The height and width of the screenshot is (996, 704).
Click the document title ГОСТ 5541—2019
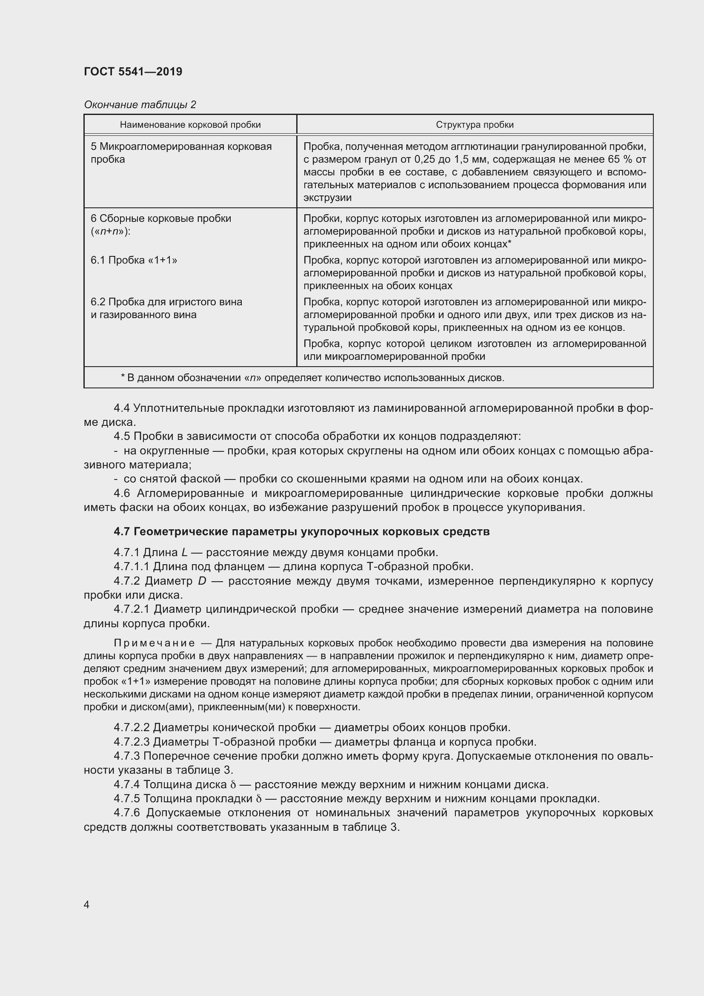133,72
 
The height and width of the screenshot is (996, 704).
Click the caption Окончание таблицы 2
140,105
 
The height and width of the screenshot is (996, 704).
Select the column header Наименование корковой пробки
190,125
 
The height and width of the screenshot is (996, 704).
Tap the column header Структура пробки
475,125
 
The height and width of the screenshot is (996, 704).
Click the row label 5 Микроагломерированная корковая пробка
181,153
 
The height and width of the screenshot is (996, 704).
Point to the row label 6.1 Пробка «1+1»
134,260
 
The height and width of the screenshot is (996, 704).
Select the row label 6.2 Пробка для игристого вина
166,302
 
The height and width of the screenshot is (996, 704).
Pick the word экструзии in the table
327,198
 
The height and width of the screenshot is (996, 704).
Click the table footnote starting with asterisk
312,378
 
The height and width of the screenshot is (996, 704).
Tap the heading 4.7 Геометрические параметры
301,532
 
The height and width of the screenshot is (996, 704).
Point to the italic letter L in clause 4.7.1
184,553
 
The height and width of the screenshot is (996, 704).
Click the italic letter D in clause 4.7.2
202,581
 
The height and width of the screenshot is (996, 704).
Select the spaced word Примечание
154,643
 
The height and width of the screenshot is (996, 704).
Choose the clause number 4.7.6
127,813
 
